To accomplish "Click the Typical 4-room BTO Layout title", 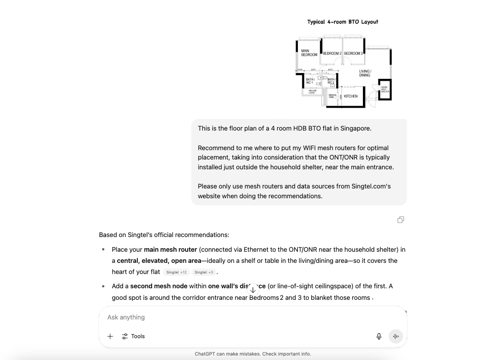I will click(x=342, y=22).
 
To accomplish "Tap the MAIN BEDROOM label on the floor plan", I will click(x=309, y=53).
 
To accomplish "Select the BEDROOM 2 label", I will click(x=332, y=53).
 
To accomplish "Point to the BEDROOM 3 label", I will click(x=353, y=53).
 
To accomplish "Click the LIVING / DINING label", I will click(x=365, y=73).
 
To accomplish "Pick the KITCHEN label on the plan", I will click(x=350, y=96).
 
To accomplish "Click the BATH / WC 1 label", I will click(x=309, y=81).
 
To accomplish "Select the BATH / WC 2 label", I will click(x=331, y=81).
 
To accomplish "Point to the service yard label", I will click(x=332, y=96).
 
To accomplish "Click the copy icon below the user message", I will click(x=401, y=220).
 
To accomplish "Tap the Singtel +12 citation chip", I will click(x=177, y=272).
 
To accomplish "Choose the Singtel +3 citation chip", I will click(x=204, y=272).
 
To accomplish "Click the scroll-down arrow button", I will click(x=253, y=290).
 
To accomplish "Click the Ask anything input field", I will click(x=241, y=317).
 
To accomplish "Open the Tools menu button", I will click(x=133, y=336).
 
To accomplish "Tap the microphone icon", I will click(x=379, y=336).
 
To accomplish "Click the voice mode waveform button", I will click(x=395, y=336).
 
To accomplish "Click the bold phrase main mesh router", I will click(x=170, y=250).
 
